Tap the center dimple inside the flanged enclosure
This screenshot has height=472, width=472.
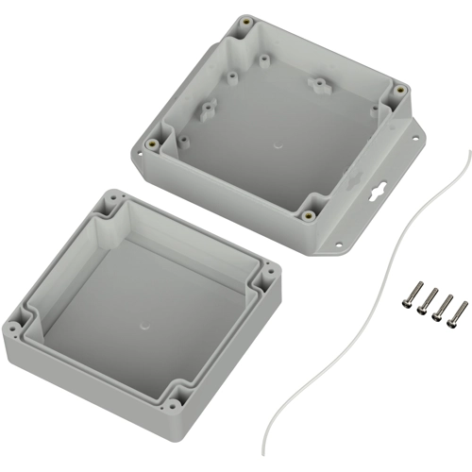click(277, 147)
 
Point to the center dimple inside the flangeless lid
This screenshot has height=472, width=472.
click(143, 323)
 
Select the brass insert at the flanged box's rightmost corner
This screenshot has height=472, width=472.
click(399, 90)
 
